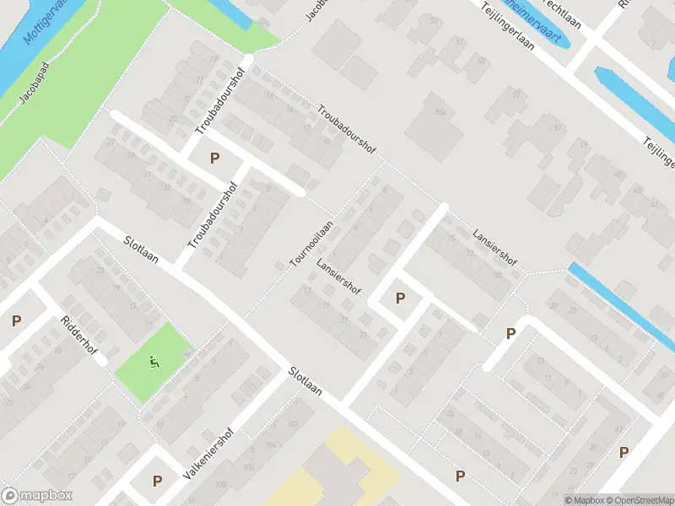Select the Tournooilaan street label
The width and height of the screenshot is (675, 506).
coord(311,244)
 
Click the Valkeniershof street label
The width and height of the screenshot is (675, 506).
coord(208,454)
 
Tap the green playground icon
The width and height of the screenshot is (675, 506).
coord(154,363)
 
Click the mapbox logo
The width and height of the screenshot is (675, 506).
coord(37,496)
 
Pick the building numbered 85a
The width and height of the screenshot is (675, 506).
coord(440,110)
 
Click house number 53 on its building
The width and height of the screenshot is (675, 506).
coord(516,94)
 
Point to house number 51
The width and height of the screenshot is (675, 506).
coord(558,127)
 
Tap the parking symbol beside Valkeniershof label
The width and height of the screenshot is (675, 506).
coord(157,481)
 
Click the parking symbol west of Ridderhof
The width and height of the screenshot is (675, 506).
coord(16,320)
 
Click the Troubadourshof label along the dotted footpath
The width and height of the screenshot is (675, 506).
coord(346,129)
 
